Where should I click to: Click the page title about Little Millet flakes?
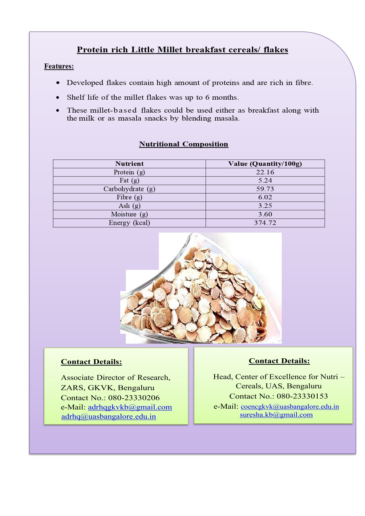(x=182, y=50)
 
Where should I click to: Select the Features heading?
(x=59, y=66)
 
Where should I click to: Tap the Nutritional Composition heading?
(x=184, y=144)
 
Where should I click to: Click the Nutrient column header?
(x=129, y=164)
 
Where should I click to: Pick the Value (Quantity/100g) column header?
(x=265, y=164)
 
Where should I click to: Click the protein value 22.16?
(x=265, y=172)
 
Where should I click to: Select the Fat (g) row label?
(x=129, y=181)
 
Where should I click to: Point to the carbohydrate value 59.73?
(x=265, y=189)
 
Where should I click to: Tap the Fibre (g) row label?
(x=129, y=197)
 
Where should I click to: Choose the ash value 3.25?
(x=265, y=206)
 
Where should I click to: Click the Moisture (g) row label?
(x=129, y=214)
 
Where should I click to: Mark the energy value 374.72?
(x=265, y=223)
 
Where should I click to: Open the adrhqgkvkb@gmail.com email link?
(x=130, y=407)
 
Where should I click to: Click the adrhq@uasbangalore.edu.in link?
(x=109, y=417)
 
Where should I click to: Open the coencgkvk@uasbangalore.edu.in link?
(x=290, y=407)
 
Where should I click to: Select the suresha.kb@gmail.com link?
(x=276, y=415)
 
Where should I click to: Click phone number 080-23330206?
(x=134, y=398)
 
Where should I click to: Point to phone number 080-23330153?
(x=302, y=396)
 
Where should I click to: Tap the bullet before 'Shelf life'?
(x=58, y=97)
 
